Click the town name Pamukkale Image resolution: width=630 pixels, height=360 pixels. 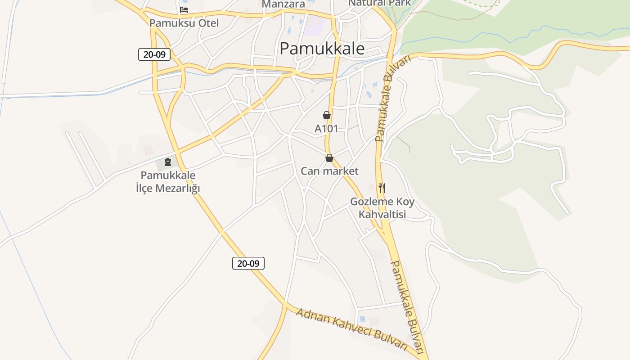point(322,49)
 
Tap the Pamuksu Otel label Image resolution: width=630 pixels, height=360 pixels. point(184,23)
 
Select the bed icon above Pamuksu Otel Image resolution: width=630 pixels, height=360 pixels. point(184,10)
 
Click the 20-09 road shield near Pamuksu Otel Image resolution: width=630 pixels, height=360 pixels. point(154,55)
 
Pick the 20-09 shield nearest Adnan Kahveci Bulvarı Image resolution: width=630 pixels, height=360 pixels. point(248,263)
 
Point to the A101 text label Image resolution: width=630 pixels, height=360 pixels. point(326,129)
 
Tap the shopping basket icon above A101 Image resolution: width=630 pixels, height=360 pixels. point(327,115)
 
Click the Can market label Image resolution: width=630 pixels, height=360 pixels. point(329,171)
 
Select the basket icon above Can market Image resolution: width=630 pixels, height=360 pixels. point(329,158)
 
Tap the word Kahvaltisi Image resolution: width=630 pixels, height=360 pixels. point(382,214)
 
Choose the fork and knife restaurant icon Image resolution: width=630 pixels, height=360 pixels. point(382,188)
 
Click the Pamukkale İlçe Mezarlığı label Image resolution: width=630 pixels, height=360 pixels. point(168,182)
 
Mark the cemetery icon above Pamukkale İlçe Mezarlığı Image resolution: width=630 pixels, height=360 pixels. point(168,162)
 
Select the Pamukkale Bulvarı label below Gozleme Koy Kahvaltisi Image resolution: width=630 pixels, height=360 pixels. point(407,306)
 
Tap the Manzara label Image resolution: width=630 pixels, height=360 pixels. point(283,4)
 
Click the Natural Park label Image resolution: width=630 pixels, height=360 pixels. point(380,3)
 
